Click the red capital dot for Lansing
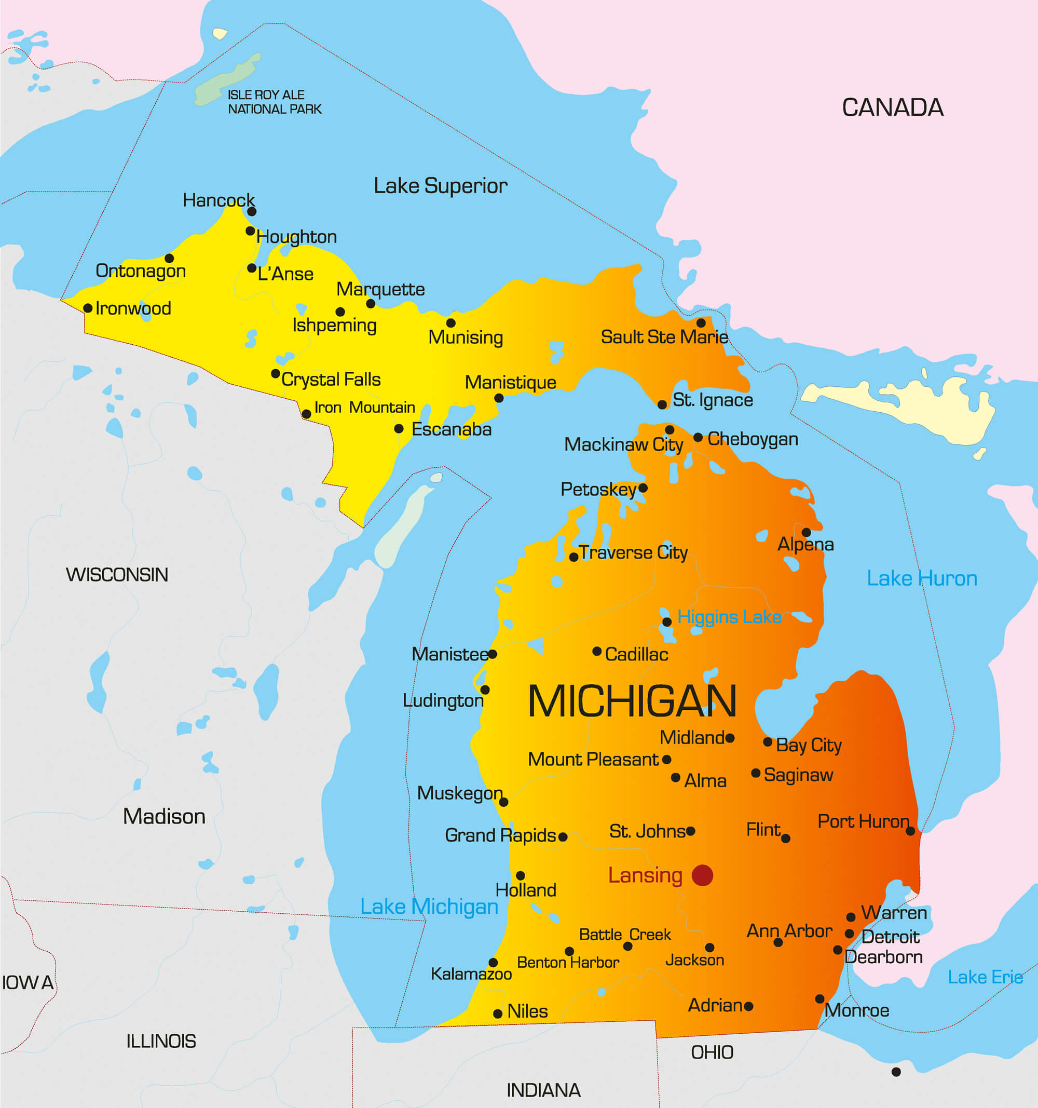pyautogui.click(x=702, y=875)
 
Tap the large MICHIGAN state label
pyautogui.click(x=632, y=701)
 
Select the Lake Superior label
pyautogui.click(x=440, y=185)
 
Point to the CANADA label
pyautogui.click(x=892, y=107)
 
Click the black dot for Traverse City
pyautogui.click(x=573, y=557)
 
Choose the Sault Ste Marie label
pyautogui.click(x=664, y=336)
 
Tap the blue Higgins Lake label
pyautogui.click(x=729, y=617)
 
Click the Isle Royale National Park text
pyautogui.click(x=274, y=102)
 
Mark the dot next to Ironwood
pyautogui.click(x=88, y=308)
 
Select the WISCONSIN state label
pyautogui.click(x=117, y=575)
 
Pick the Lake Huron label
pyautogui.click(x=922, y=578)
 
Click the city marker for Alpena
pyautogui.click(x=805, y=532)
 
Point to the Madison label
pyautogui.click(x=164, y=817)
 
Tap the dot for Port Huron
pyautogui.click(x=910, y=831)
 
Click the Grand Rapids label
pyautogui.click(x=500, y=835)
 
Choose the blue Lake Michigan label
pyautogui.click(x=429, y=907)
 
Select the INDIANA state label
pyautogui.click(x=543, y=1090)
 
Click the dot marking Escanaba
pyautogui.click(x=399, y=428)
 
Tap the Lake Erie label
pyautogui.click(x=985, y=977)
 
